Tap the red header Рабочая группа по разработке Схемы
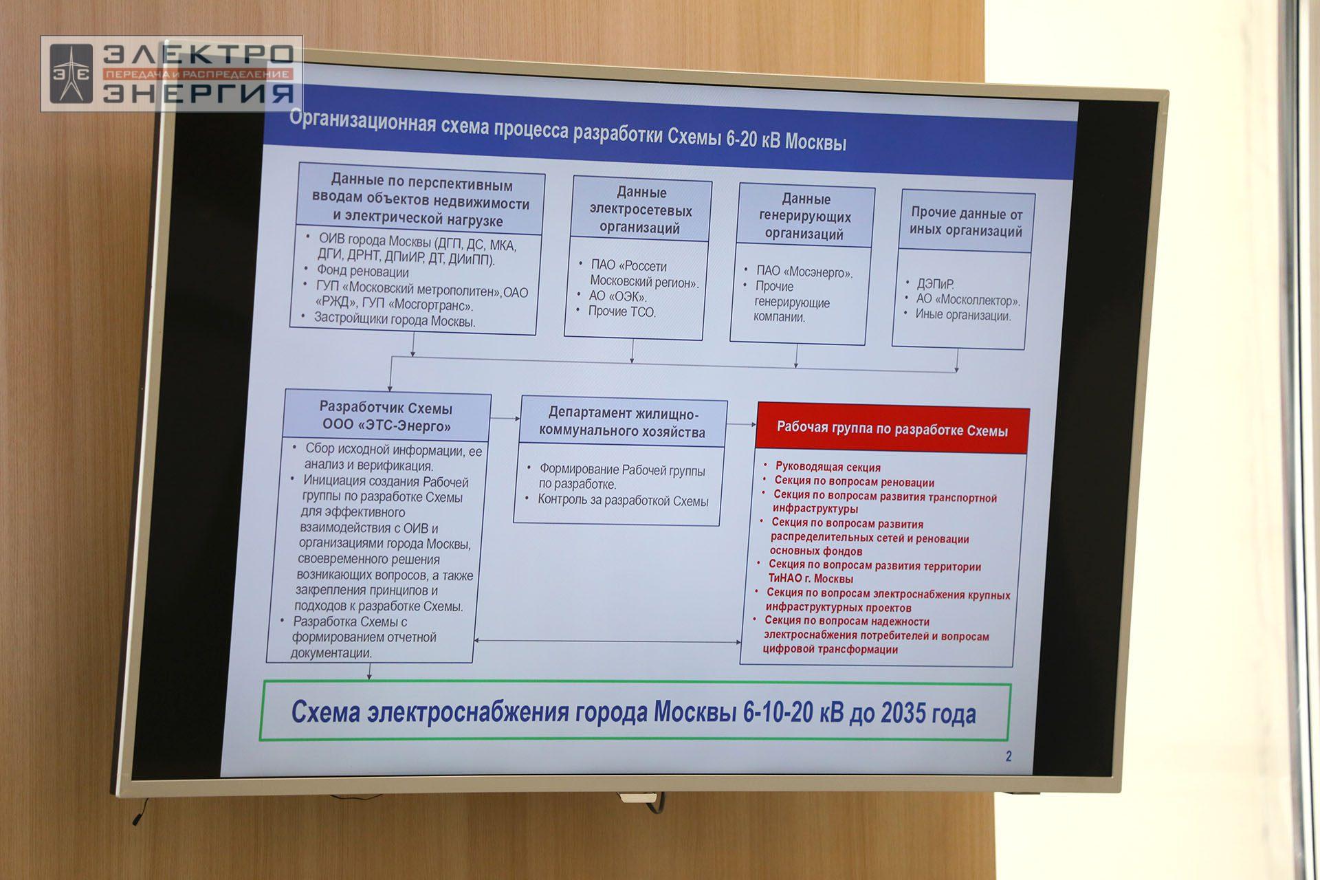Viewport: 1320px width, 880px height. pos(892,430)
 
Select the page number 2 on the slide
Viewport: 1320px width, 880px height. pos(1009,757)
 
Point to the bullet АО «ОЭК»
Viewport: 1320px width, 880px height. pos(617,296)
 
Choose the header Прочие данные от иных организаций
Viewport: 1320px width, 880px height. pos(967,222)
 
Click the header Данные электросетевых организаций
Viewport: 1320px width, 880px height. pos(641,210)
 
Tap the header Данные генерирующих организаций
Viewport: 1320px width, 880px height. pos(805,217)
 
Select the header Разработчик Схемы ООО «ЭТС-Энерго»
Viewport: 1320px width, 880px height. pos(386,417)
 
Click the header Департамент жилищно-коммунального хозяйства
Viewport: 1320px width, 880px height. pos(622,422)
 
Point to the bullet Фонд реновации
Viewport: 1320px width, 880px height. pos(362,272)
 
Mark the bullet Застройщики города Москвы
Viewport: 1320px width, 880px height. pos(395,320)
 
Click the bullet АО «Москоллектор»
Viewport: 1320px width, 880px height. pos(968,300)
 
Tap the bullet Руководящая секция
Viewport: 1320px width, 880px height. pos(828,467)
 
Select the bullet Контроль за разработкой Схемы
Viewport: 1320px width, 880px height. pos(623,500)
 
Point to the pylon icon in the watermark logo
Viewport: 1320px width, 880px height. pos(71,74)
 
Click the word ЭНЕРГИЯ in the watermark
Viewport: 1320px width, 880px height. pos(199,92)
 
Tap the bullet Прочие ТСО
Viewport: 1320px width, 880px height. pos(621,311)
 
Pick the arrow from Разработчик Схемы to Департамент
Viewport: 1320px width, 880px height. pos(506,418)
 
